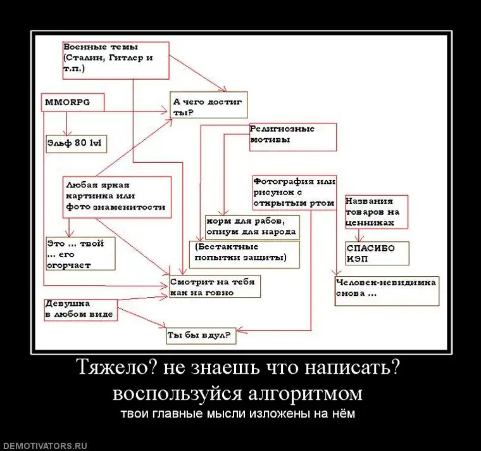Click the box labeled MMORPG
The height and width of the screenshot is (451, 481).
(73, 103)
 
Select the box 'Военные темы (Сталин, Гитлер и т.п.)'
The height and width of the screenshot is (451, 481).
(115, 60)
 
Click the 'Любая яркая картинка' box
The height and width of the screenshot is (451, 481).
(116, 197)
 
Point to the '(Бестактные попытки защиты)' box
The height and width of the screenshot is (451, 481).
(244, 253)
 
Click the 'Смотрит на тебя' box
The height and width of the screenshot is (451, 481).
(215, 286)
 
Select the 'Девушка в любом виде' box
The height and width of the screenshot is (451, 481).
(80, 309)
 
